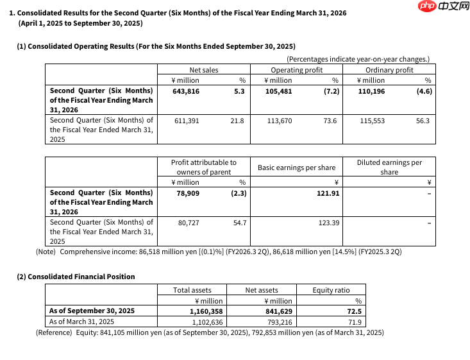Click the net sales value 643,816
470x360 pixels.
186,91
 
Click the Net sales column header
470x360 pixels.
204,70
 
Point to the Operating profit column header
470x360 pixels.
296,70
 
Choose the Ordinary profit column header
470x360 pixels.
389,70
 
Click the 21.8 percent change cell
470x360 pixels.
237,120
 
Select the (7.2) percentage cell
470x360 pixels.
330,91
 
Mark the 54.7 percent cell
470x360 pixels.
240,222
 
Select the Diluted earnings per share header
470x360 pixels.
389,167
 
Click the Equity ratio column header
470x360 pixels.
332,290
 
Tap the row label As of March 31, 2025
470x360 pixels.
81,321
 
